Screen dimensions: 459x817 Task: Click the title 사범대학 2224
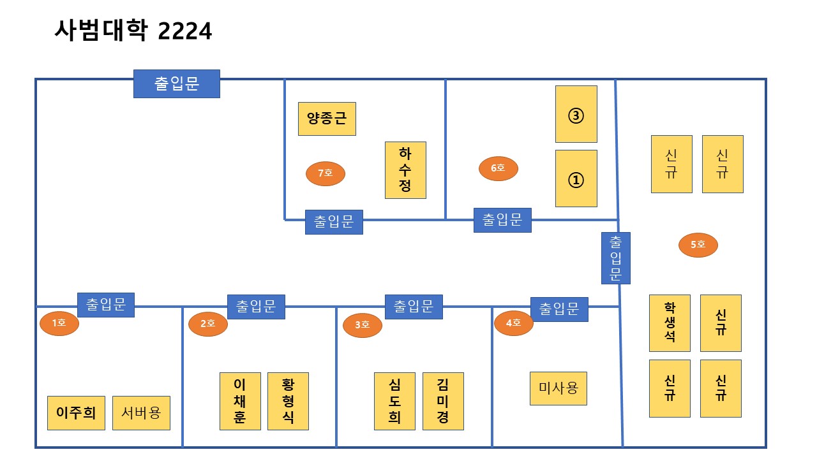[133, 30]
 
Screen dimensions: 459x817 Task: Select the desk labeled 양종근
[327, 119]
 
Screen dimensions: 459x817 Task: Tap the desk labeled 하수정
[405, 170]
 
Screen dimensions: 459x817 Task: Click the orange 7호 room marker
[326, 173]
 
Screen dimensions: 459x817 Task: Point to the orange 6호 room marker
[498, 168]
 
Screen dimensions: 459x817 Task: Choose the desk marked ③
[576, 114]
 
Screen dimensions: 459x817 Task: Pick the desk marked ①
[576, 178]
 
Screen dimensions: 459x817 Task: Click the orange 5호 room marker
[698, 244]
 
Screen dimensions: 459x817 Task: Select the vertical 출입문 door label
[616, 258]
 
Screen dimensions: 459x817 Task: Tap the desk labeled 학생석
[670, 323]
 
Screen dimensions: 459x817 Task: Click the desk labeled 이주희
[76, 412]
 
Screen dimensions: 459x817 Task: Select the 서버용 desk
[141, 412]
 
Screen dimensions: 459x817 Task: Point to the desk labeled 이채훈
[240, 401]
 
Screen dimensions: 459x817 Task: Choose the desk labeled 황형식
[288, 401]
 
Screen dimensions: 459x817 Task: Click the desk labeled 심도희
[394, 401]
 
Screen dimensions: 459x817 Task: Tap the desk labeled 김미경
[443, 401]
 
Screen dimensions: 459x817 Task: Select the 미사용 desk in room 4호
[558, 388]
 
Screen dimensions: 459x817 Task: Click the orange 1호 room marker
[59, 323]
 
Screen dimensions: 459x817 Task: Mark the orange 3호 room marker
[362, 325]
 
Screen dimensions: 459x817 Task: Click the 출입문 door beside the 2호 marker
[256, 307]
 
